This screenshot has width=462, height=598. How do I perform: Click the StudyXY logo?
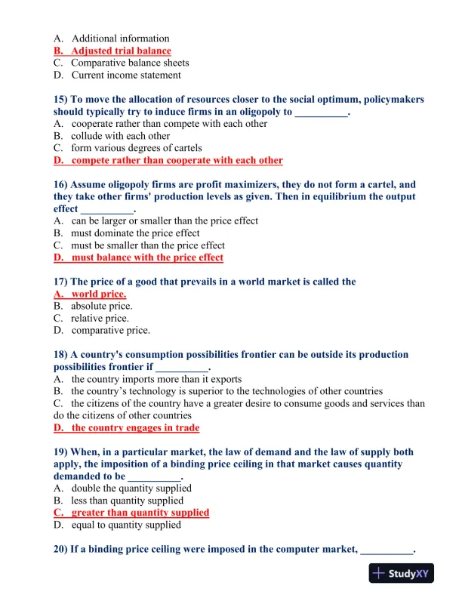402,573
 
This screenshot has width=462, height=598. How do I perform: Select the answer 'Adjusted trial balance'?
121,51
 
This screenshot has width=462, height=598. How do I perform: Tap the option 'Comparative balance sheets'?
130,63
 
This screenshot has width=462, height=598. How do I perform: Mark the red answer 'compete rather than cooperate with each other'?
177,160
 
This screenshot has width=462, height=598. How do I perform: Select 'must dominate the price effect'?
135,233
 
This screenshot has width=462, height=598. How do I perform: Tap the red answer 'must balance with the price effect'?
147,257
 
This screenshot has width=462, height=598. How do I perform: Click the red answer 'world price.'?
98,294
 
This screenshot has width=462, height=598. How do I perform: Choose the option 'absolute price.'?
101,306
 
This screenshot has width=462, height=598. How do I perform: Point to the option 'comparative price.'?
110,330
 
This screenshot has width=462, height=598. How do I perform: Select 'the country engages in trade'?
135,427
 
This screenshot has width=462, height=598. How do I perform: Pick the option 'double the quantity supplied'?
131,488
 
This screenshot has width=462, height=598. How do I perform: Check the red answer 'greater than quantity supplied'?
140,512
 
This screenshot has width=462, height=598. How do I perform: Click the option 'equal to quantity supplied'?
126,525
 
